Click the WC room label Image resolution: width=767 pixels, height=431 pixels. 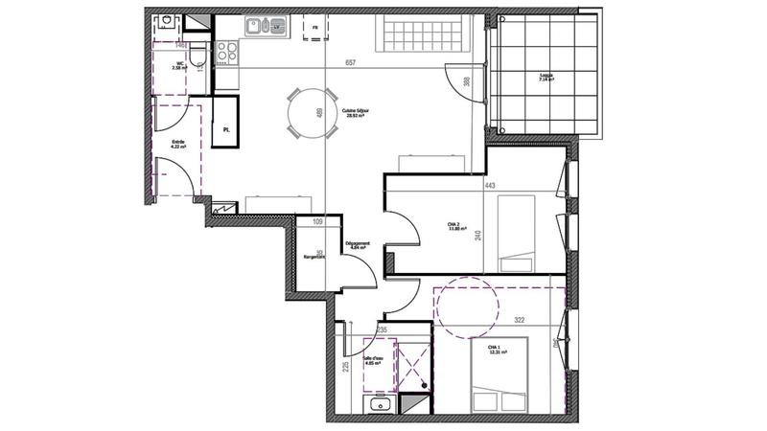(x=177, y=67)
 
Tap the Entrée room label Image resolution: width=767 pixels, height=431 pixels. (x=178, y=145)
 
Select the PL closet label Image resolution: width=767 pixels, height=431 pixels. (x=226, y=129)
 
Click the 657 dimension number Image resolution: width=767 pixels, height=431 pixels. (x=351, y=63)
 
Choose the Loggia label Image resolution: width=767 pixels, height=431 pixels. (x=546, y=79)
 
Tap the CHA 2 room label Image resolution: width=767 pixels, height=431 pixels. (x=454, y=227)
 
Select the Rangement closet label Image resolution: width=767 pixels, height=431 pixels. (x=314, y=258)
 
